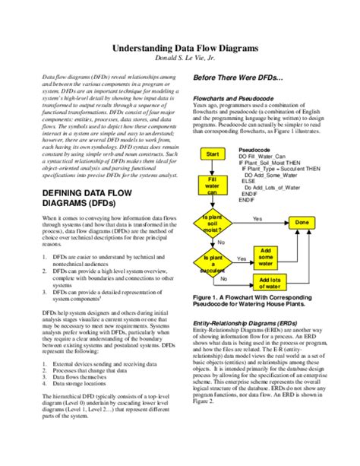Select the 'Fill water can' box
point(212,185)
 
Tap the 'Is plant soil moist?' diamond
point(212,223)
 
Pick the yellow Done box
point(302,222)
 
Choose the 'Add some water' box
point(265,256)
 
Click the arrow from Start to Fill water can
point(213,166)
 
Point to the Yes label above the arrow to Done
point(257,218)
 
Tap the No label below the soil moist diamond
point(221,242)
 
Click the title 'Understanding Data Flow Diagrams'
point(181,47)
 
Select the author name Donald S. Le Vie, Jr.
point(181,59)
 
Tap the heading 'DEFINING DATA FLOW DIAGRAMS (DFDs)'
point(85,199)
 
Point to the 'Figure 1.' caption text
point(211,298)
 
